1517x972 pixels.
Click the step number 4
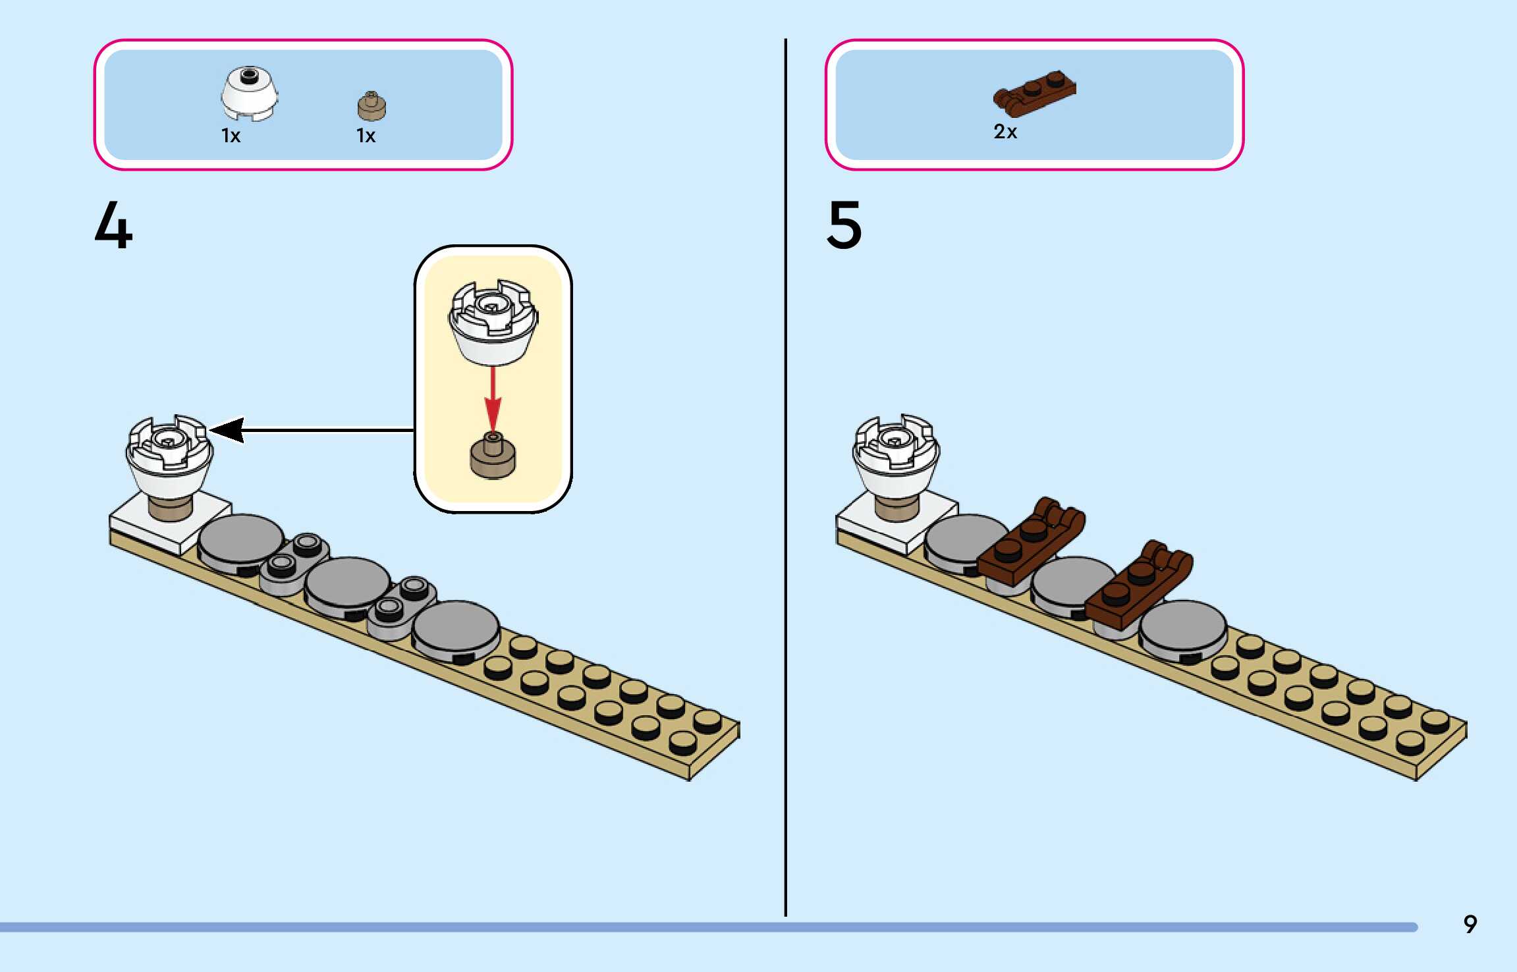(x=113, y=226)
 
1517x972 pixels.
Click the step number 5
(x=844, y=226)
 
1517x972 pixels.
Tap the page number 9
(x=1470, y=924)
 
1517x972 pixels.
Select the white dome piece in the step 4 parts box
(x=248, y=94)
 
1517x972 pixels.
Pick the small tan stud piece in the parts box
(x=372, y=107)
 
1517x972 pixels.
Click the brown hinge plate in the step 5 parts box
(x=1034, y=93)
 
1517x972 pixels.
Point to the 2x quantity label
(x=1005, y=132)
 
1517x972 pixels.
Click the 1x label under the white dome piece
(x=231, y=136)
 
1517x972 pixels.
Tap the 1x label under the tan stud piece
(x=366, y=136)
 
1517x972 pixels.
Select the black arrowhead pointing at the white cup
(x=227, y=430)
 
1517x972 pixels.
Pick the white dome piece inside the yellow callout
(x=493, y=323)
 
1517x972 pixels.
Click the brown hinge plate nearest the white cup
(x=1031, y=541)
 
